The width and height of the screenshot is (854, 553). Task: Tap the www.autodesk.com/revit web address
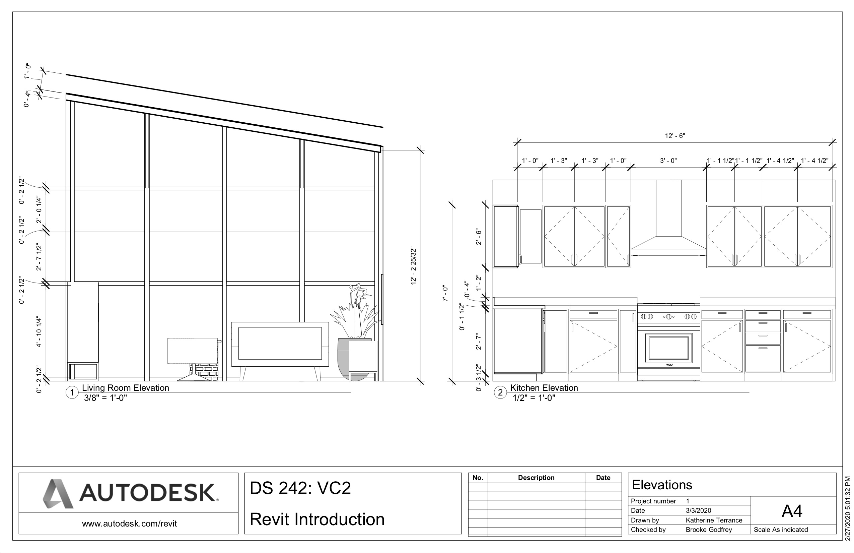click(x=129, y=524)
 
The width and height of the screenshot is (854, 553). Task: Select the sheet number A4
click(x=792, y=511)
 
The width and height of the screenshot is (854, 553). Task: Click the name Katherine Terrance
click(x=714, y=520)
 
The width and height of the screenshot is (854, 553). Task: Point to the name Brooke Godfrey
click(x=709, y=530)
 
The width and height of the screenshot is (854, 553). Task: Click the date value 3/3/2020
click(x=698, y=510)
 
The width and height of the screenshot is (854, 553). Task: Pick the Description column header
click(x=536, y=478)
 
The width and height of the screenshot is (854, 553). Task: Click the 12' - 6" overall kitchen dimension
click(x=674, y=136)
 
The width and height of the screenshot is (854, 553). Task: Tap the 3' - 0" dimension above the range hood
click(x=668, y=161)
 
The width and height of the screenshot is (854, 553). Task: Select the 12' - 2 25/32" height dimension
click(x=413, y=266)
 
